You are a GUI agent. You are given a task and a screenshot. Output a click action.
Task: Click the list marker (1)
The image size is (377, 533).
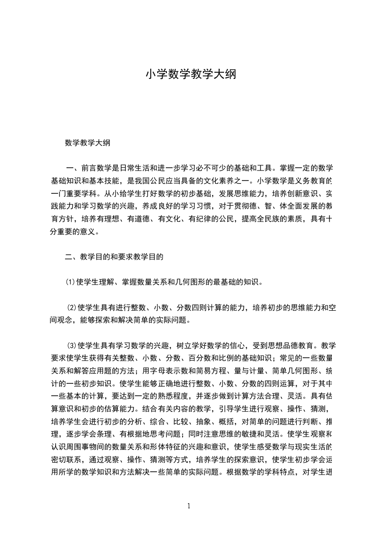pyautogui.click(x=70, y=282)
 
